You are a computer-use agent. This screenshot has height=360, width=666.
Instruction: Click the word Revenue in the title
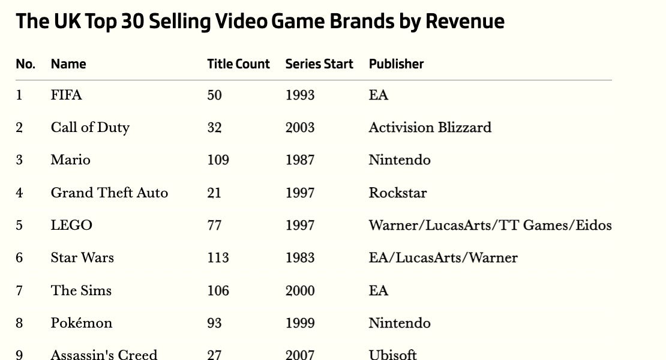(x=465, y=22)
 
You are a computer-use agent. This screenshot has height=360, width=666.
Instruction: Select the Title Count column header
(x=238, y=64)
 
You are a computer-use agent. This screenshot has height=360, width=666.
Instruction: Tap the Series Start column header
(x=319, y=64)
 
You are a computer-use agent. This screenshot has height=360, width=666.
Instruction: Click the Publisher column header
(x=396, y=64)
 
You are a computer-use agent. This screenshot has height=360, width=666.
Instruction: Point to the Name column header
(x=68, y=64)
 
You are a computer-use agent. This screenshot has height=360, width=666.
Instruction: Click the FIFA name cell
(x=66, y=95)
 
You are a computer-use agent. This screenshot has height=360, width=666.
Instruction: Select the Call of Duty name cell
(x=90, y=128)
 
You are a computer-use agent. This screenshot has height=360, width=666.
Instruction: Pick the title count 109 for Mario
(x=218, y=160)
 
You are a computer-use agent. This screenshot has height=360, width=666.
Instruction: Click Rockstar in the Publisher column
(x=398, y=193)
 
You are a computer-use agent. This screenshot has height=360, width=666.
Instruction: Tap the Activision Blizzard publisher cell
(x=430, y=128)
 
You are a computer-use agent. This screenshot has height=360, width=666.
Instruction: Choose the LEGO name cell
(x=71, y=226)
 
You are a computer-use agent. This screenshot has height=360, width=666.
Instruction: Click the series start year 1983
(x=300, y=258)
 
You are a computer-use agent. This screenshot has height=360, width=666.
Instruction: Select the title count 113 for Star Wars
(x=218, y=258)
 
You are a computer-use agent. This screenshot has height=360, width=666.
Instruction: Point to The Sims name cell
(x=81, y=291)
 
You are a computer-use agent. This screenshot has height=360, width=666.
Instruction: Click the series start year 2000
(x=300, y=291)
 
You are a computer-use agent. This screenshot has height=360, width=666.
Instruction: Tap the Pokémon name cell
(x=81, y=323)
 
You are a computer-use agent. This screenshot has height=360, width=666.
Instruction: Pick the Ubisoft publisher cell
(x=392, y=354)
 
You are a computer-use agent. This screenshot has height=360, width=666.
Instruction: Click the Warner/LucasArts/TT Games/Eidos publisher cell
(x=490, y=226)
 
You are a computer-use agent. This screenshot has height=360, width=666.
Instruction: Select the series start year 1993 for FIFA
(x=300, y=95)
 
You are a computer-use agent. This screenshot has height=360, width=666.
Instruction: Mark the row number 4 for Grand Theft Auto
(x=19, y=193)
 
